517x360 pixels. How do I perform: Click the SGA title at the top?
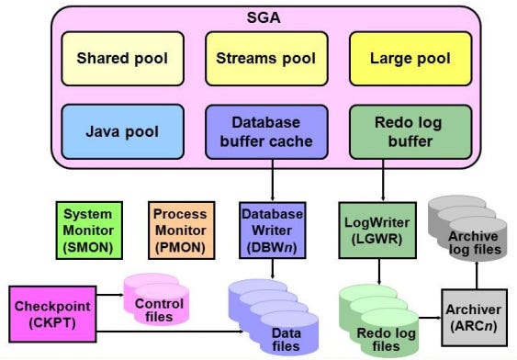pyautogui.click(x=264, y=17)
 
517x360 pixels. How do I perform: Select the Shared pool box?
pyautogui.click(x=122, y=59)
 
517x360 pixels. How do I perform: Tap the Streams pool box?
pyautogui.click(x=264, y=59)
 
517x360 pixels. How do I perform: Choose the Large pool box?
pyautogui.click(x=410, y=59)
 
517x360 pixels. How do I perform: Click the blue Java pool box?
pyautogui.click(x=122, y=131)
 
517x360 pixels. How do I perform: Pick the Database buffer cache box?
pyautogui.click(x=265, y=131)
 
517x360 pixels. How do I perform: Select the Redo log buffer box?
pyautogui.click(x=410, y=131)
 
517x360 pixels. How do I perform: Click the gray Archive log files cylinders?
pyautogui.click(x=472, y=225)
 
